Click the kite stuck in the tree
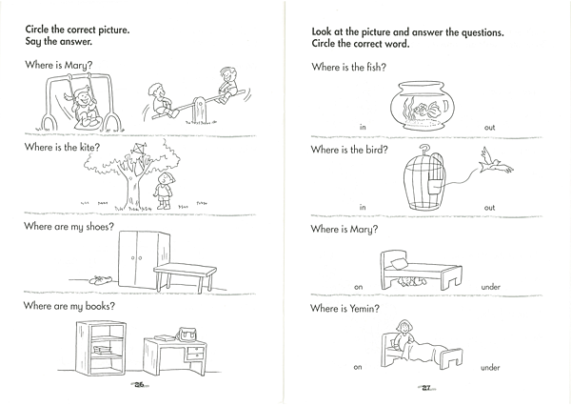point(137,151)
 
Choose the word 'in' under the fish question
point(363,128)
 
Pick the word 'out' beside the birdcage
point(489,208)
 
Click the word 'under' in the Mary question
point(490,287)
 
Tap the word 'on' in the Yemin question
point(358,367)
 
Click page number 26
point(140,384)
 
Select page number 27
point(426,388)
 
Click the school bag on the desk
point(187,334)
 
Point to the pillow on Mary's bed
point(399,263)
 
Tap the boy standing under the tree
point(164,191)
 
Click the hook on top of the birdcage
point(423,150)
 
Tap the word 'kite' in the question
point(89,147)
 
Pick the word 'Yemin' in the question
point(364,309)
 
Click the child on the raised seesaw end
point(227,85)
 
